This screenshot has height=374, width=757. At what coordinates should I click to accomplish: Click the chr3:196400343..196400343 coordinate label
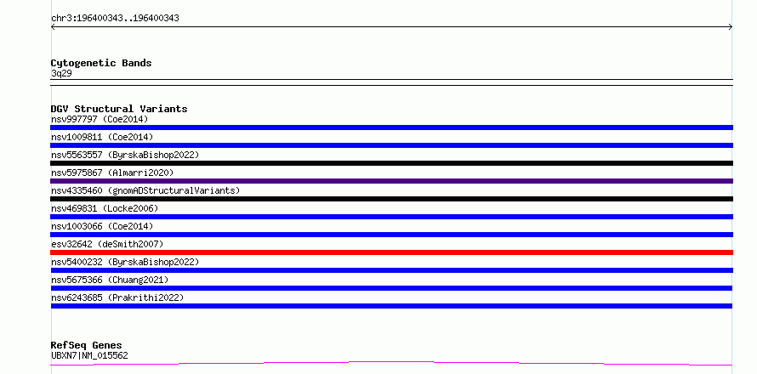[x=115, y=19]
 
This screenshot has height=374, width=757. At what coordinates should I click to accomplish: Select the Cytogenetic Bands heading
[x=101, y=63]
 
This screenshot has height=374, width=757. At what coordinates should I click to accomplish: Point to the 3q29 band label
[x=61, y=73]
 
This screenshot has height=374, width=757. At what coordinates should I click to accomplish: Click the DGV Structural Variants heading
[x=119, y=109]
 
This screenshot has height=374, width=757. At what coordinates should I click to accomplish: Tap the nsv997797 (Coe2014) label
[x=100, y=119]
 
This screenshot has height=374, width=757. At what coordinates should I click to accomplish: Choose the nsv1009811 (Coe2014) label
[x=102, y=137]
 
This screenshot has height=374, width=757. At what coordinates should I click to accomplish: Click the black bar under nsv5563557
[x=391, y=163]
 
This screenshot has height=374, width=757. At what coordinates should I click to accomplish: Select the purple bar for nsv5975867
[x=391, y=181]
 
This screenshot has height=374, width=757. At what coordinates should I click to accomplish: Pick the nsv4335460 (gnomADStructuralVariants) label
[x=145, y=190]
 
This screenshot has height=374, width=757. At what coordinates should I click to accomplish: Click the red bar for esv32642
[x=391, y=252]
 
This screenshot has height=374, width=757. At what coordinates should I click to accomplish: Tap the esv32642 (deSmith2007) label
[x=107, y=244]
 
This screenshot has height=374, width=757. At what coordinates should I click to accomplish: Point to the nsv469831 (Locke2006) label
[x=105, y=208]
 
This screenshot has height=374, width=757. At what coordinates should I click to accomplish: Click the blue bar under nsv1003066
[x=391, y=235]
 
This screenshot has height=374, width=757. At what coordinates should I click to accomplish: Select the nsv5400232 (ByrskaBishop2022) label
[x=125, y=262]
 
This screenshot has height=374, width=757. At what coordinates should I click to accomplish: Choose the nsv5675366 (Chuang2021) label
[x=110, y=280]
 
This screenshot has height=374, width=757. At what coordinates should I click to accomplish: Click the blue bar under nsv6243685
[x=391, y=306]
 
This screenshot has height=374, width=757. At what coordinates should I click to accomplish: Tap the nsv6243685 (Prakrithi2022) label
[x=117, y=297]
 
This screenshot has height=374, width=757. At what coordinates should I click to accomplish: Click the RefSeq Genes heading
[x=87, y=345]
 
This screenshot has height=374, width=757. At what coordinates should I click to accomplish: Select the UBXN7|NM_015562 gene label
[x=89, y=355]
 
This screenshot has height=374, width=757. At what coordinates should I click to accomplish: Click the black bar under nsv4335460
[x=391, y=199]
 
